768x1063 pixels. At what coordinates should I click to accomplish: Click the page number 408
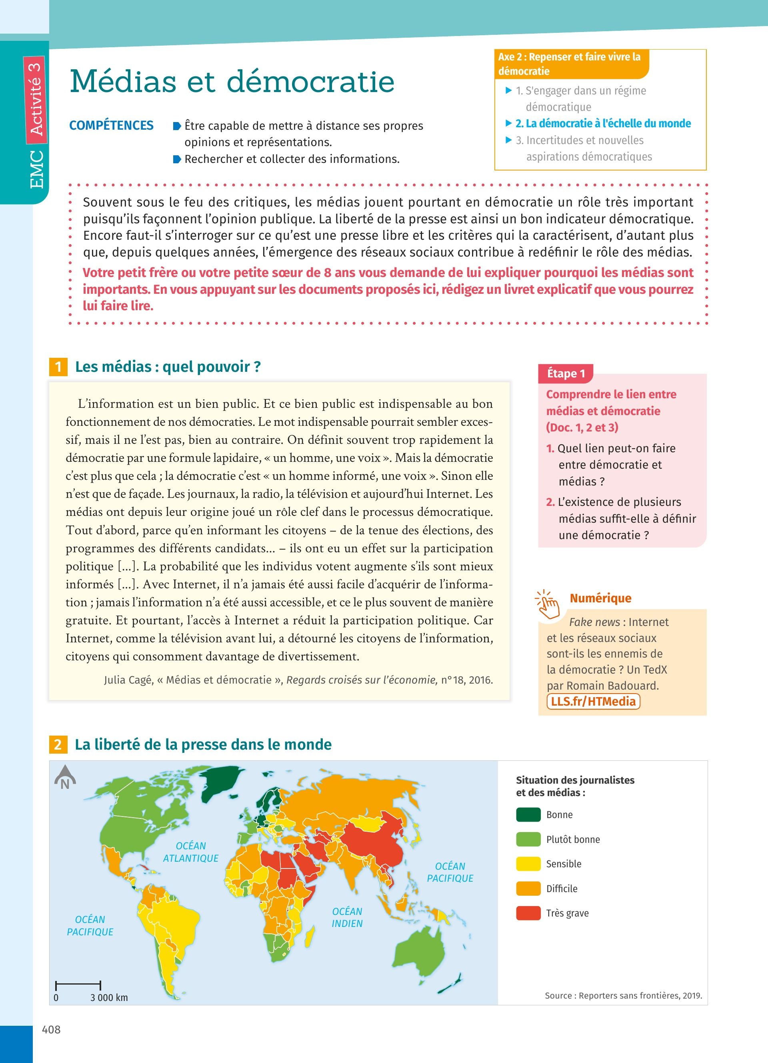click(52, 1029)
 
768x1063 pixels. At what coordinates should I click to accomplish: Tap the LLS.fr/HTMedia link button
click(593, 701)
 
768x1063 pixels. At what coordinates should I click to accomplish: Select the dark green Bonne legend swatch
click(528, 814)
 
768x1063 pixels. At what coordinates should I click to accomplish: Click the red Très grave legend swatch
click(528, 913)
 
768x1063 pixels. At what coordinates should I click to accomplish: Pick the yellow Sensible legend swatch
click(528, 864)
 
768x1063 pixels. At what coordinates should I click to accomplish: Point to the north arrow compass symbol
click(65, 778)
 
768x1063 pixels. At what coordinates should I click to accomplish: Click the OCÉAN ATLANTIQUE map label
click(190, 852)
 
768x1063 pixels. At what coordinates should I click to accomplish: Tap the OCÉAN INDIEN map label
click(347, 917)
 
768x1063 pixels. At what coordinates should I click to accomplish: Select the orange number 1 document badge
click(58, 367)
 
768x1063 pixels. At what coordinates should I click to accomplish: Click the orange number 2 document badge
click(58, 744)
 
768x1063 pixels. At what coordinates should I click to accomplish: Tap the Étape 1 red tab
click(566, 373)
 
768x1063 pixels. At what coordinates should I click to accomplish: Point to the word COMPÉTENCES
click(112, 126)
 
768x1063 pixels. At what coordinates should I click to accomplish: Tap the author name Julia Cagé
click(129, 680)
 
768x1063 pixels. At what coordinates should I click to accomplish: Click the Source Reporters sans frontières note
click(623, 995)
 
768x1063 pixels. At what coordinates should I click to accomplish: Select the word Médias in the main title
click(123, 82)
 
